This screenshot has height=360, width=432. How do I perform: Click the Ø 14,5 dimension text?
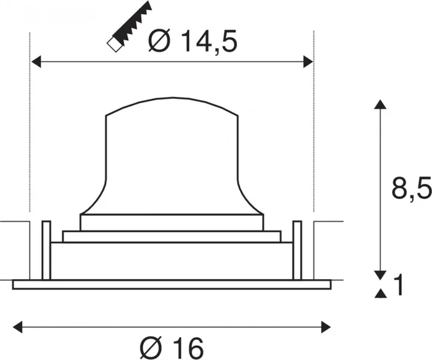pyautogui.click(x=193, y=41)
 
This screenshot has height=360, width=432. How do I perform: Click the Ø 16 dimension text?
pyautogui.click(x=172, y=348)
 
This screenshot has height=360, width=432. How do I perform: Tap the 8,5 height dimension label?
pyautogui.click(x=412, y=190)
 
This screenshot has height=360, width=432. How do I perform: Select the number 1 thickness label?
pyautogui.click(x=399, y=285)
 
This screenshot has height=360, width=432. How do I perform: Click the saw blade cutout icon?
pyautogui.click(x=130, y=27)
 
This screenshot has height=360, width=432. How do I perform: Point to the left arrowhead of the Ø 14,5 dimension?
pyautogui.click(x=36, y=62)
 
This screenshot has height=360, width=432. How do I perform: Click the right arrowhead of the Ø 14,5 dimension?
pyautogui.click(x=308, y=62)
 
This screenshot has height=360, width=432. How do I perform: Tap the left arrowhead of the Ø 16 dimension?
pyautogui.click(x=18, y=327)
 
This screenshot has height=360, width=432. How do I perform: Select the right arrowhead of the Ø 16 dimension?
pyautogui.click(x=326, y=327)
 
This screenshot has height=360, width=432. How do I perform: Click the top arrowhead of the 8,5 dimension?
pyautogui.click(x=380, y=104)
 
